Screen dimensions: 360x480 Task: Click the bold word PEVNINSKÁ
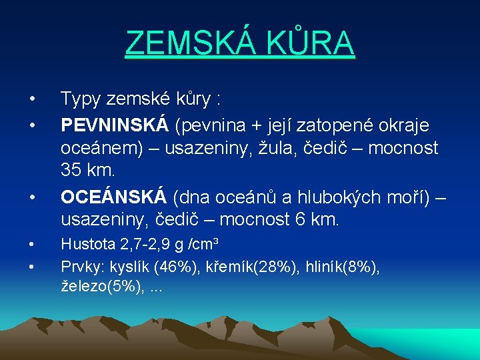coord(114,125)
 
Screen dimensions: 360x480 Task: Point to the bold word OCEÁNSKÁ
coord(113,197)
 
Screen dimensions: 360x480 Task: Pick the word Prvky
coord(81,267)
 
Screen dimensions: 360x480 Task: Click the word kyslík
coord(129,267)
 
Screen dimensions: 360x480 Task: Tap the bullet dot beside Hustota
coord(32,247)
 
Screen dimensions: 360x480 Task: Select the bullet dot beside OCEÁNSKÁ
coord(32,198)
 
